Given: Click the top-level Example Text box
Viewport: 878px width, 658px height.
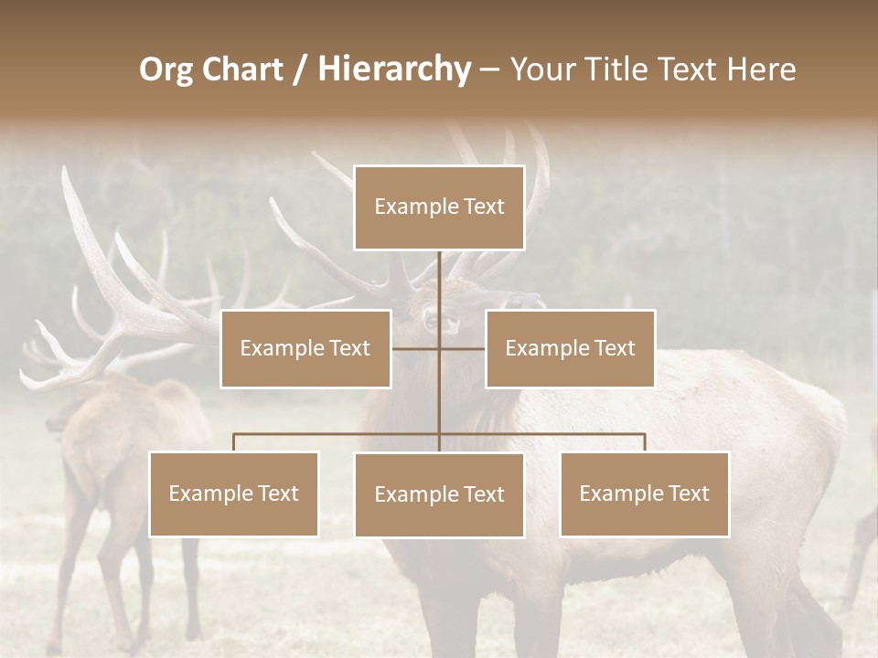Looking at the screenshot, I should point(439,207).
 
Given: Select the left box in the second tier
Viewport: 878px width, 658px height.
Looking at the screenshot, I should point(305,348).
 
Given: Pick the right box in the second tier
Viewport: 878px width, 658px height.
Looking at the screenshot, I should point(570,348).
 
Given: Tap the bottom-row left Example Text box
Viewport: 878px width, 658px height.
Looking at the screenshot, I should point(234,493).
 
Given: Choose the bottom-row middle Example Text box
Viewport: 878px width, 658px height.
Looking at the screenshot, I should point(439,494).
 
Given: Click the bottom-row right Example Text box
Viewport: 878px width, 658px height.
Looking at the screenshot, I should point(644,493).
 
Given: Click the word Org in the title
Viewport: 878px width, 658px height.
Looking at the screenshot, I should point(166,69).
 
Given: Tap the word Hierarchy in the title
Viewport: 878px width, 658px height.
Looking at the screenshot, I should point(394,69).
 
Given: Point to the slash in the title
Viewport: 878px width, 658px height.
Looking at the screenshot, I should point(300,69).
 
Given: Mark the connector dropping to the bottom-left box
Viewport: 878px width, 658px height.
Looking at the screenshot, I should point(234,442).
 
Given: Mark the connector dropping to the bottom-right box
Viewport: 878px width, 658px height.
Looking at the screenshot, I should point(645,442).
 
